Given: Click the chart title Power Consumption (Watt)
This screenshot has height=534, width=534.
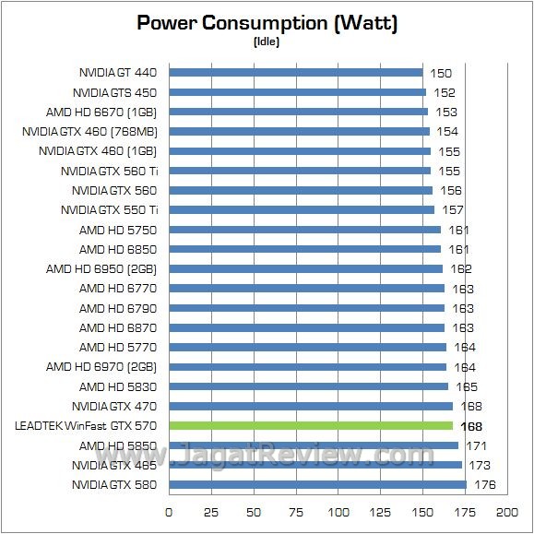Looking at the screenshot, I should point(267,23).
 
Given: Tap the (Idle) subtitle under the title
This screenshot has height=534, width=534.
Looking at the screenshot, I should point(267,42).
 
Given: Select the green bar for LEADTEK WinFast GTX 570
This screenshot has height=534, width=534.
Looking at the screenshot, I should point(311,426).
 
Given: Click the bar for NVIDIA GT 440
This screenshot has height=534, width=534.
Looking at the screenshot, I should point(295,72).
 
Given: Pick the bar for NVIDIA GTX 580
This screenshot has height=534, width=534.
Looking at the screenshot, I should point(317,485).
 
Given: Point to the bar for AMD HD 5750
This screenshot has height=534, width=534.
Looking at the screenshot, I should point(304,229).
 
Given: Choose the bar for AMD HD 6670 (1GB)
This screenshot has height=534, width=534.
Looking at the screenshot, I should point(298,112).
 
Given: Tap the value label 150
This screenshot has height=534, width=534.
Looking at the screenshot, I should point(442,72).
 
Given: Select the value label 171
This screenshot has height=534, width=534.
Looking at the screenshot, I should point(478,445).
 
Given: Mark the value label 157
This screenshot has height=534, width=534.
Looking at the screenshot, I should point(454,209).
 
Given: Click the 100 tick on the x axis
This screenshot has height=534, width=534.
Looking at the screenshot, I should point(338,511).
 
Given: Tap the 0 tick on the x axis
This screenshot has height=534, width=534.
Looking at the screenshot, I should point(169,511).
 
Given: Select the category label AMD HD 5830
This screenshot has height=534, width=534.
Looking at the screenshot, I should point(117,386).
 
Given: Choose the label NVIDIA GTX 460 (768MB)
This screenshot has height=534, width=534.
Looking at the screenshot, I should point(89,131).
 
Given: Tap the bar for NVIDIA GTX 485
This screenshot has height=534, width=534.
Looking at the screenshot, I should point(314,466).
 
